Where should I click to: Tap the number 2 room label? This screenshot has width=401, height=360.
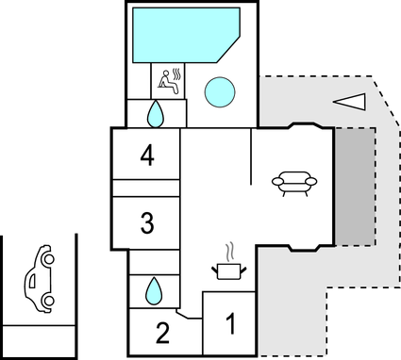161,332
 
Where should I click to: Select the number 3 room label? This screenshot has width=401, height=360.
146,223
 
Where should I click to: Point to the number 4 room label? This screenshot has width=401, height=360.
146,155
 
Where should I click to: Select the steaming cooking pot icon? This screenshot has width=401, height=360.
229,270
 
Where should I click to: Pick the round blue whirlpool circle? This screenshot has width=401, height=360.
220,91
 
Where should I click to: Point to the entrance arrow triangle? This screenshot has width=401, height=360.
349,100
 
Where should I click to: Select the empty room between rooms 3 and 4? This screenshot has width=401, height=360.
145,188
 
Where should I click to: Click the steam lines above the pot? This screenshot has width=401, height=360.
229,252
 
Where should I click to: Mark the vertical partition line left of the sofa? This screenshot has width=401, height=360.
251,158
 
